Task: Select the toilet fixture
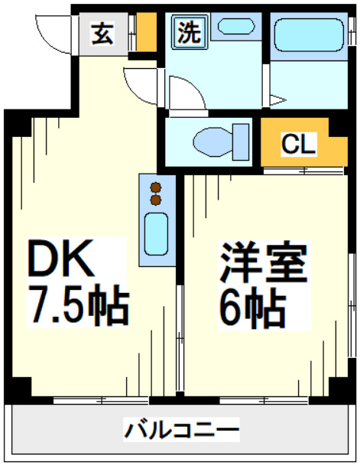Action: (214, 142)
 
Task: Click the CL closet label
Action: (297, 143)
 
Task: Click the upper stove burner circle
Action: (156, 187)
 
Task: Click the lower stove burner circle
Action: (156, 200)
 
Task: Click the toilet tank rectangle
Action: (243, 141)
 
